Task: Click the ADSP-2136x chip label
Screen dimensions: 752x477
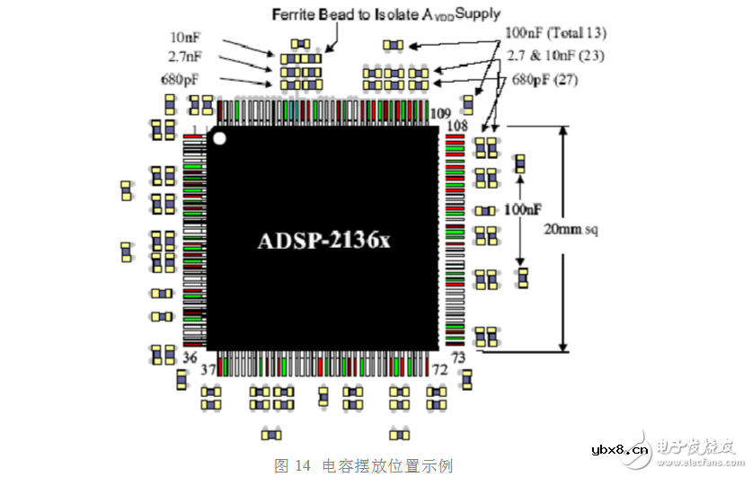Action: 324,240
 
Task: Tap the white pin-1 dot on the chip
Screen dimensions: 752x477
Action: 219,138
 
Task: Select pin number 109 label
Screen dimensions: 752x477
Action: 440,113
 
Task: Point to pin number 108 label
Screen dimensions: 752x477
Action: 457,126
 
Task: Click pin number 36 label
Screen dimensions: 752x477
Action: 190,358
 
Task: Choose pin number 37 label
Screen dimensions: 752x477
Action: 208,369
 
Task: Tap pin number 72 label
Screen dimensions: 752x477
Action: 439,369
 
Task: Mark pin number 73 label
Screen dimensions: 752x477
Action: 458,358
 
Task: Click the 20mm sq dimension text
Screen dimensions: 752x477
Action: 571,229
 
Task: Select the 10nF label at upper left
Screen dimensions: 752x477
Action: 185,38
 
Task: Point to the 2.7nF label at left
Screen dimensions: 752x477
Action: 185,57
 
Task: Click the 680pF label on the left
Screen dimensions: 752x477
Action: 180,79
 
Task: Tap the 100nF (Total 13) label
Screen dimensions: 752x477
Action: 555,33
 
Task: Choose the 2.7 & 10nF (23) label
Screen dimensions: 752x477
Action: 555,56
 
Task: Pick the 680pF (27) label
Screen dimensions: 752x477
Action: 544,80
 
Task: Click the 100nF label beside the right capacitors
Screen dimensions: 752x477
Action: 523,209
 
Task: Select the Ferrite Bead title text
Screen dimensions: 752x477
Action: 386,14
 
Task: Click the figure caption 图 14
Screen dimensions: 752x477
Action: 292,465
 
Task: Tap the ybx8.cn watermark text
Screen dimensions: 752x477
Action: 620,450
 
